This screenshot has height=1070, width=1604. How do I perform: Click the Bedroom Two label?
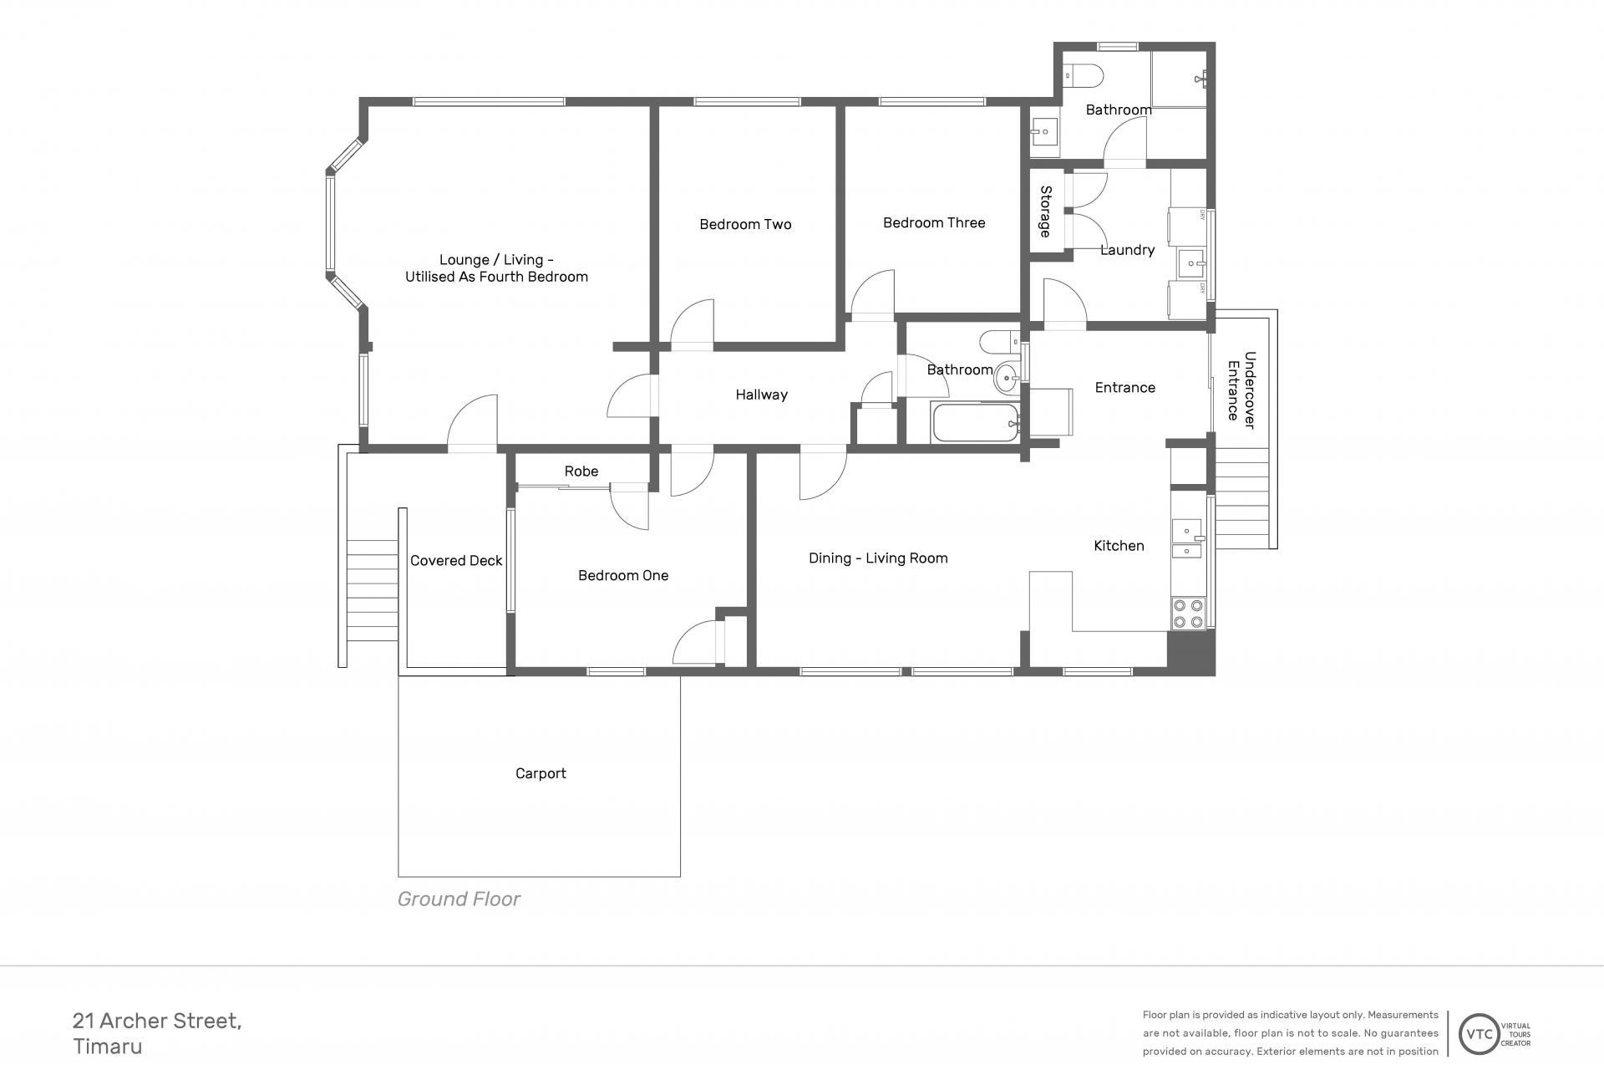(x=745, y=224)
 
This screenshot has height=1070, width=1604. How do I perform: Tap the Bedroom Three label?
(x=934, y=222)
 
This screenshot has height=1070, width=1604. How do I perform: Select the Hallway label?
(x=761, y=395)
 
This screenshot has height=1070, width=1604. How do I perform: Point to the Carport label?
(x=541, y=774)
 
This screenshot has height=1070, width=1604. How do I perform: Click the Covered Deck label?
(x=456, y=561)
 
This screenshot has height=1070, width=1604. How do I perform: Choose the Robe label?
(x=581, y=471)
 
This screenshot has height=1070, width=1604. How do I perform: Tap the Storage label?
(x=1045, y=211)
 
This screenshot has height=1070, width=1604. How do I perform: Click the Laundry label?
(x=1127, y=250)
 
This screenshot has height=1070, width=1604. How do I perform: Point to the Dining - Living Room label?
(x=878, y=558)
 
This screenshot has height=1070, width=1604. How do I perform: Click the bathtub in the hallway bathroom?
(x=976, y=423)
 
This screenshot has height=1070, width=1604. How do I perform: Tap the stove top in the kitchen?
(x=1188, y=614)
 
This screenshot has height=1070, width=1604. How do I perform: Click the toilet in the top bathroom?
(x=1084, y=76)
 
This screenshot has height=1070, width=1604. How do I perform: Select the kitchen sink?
(x=1187, y=539)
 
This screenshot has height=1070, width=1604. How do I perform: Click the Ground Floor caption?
(x=459, y=899)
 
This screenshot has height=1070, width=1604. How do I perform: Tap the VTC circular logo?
(x=1480, y=1034)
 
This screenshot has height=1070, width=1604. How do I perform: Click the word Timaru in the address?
(x=108, y=1047)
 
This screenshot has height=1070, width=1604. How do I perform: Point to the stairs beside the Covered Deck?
(x=372, y=591)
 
